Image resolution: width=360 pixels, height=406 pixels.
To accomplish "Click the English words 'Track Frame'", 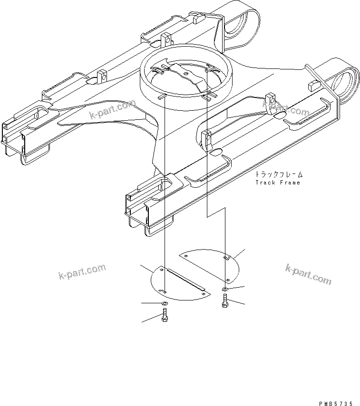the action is point(278,183).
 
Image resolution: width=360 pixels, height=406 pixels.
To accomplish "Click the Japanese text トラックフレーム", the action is point(278,174).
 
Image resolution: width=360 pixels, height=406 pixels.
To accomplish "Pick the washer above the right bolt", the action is point(225,289).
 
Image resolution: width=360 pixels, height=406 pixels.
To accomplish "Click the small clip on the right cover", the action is point(227,258).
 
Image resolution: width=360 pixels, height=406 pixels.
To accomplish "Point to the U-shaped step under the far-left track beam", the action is point(36,157).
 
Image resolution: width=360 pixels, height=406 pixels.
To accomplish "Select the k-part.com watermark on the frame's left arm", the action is point(112,110).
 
